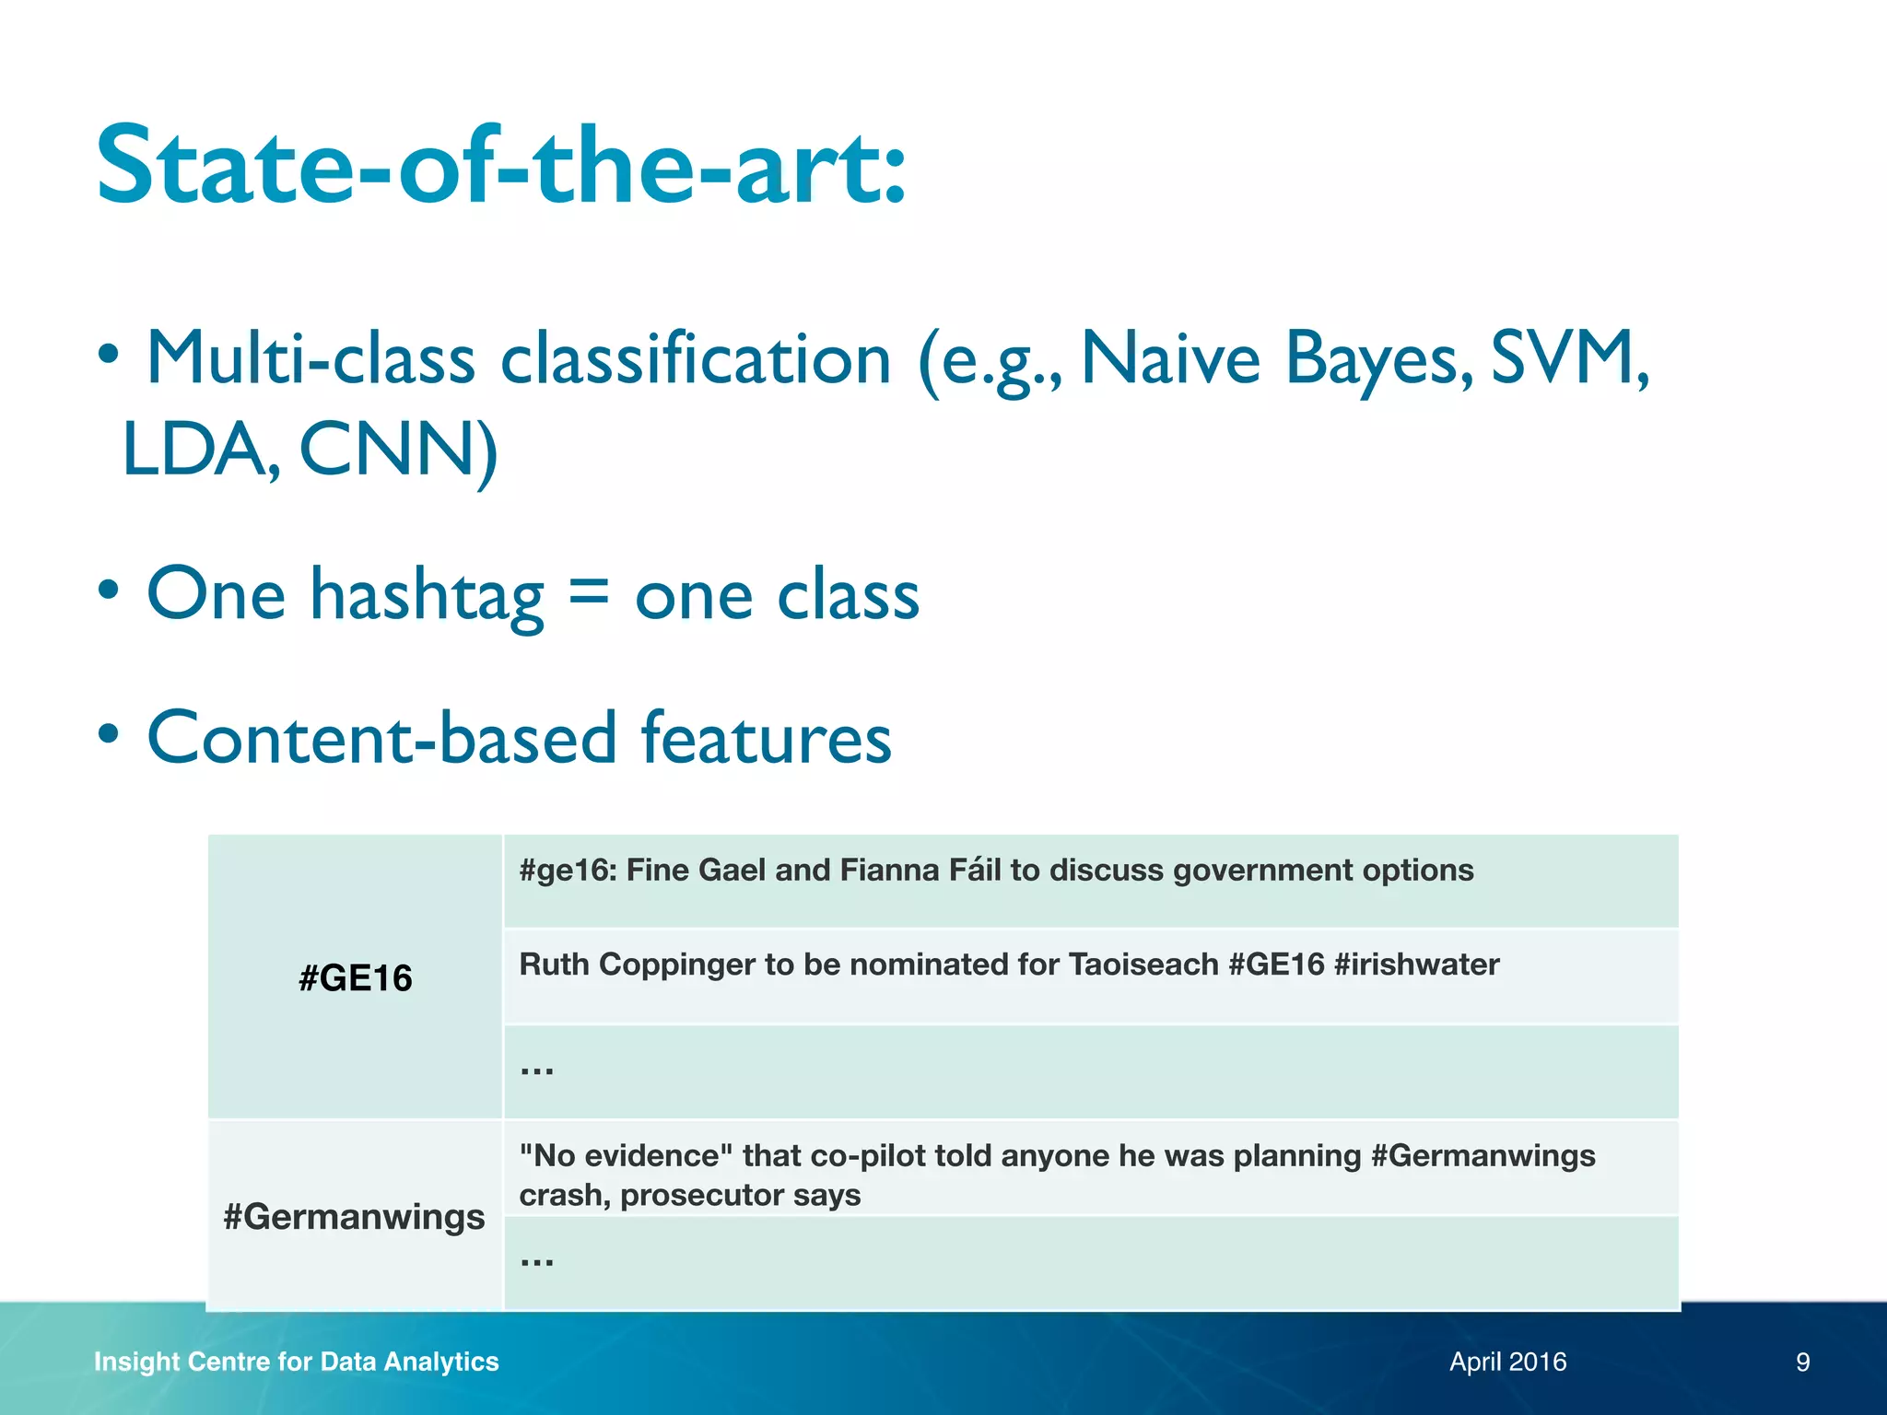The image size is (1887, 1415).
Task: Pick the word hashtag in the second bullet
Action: (426, 597)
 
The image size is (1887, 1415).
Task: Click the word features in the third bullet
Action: (765, 739)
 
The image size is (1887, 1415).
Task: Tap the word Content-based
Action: (381, 739)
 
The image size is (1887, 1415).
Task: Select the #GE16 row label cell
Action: (355, 977)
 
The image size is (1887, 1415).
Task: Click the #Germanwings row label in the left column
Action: (354, 1216)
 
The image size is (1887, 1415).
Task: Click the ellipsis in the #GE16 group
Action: (536, 1069)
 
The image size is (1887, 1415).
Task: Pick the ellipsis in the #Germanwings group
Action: (536, 1259)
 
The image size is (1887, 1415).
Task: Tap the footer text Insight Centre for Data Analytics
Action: (296, 1362)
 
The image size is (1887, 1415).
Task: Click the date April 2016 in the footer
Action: (1507, 1362)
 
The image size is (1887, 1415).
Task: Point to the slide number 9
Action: (1802, 1362)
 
